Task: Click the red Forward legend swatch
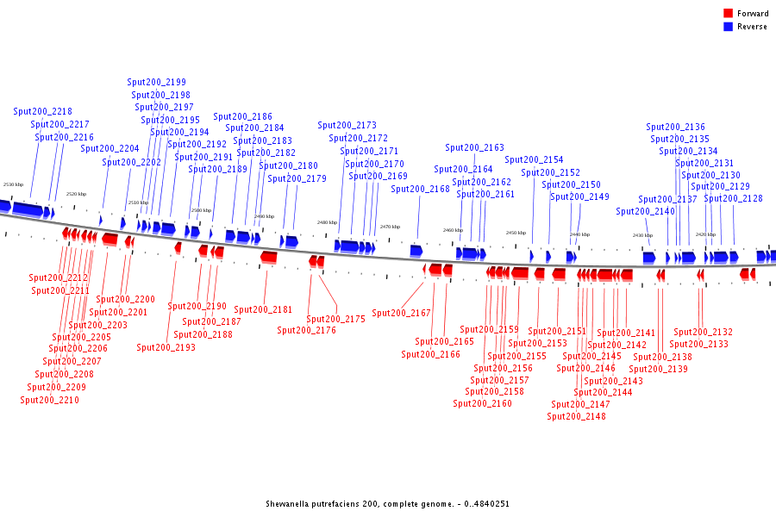coord(728,14)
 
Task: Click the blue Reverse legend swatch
coord(728,27)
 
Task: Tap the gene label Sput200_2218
coord(42,111)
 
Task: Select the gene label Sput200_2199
coord(156,82)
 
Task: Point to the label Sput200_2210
coord(49,400)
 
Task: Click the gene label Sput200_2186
coord(242,116)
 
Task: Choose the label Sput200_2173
coord(347,125)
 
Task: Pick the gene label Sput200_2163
coord(474,147)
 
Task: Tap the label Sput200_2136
coord(675,127)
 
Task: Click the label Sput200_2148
coord(576,416)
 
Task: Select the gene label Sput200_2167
coord(401,313)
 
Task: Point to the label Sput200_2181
coord(263,309)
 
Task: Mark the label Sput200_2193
coord(166,347)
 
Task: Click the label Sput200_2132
coord(703,332)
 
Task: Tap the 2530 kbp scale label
coord(13,184)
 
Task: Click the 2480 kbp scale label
coord(327,222)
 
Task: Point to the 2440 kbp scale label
coord(579,234)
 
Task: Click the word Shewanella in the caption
coord(287,503)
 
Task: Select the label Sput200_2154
coord(534,159)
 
